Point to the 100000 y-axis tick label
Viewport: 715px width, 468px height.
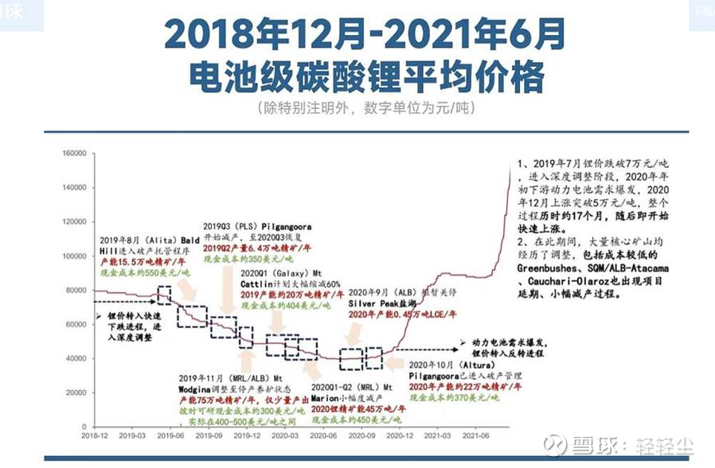pos(72,256)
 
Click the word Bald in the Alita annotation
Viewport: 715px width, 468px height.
pos(189,240)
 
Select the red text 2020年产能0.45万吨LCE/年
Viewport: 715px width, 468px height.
pos(403,315)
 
